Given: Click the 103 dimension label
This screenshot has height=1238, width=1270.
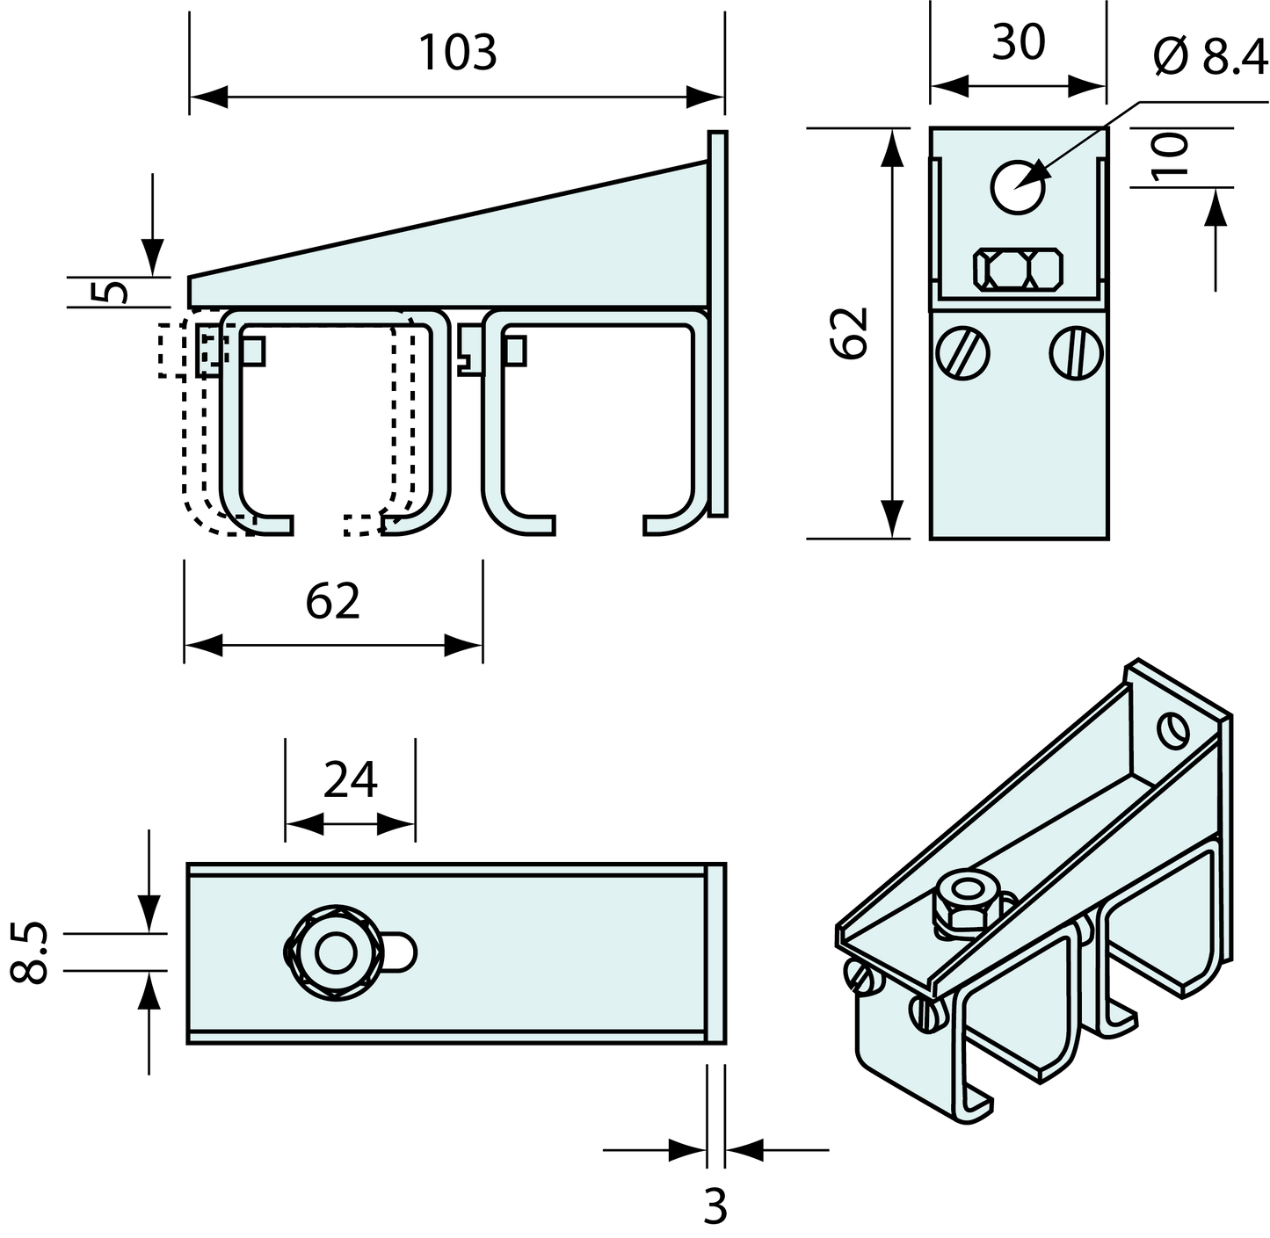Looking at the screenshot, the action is (x=458, y=53).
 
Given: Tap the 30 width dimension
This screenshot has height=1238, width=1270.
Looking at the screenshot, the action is (x=1018, y=43).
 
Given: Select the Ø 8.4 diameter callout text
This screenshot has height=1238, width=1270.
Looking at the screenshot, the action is (x=1210, y=57).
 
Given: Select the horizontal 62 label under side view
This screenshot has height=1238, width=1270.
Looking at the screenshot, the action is (x=332, y=601).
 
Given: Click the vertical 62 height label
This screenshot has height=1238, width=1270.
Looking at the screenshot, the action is (x=849, y=333).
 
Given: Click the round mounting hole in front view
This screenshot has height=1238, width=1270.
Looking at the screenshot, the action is (x=1017, y=186).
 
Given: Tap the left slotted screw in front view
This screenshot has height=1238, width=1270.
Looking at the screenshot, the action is (x=962, y=353).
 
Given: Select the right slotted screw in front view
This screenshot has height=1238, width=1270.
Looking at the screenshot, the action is (x=1076, y=353).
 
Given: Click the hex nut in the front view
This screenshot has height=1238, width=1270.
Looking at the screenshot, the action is (x=1018, y=268).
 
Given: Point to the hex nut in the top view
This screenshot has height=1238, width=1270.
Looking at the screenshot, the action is (x=336, y=952).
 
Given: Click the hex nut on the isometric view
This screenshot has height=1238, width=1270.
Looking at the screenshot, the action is (x=965, y=901).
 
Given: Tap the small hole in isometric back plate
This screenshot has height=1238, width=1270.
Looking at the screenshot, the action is (x=1172, y=729).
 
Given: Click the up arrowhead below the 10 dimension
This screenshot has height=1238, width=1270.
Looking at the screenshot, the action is (x=1215, y=206).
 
